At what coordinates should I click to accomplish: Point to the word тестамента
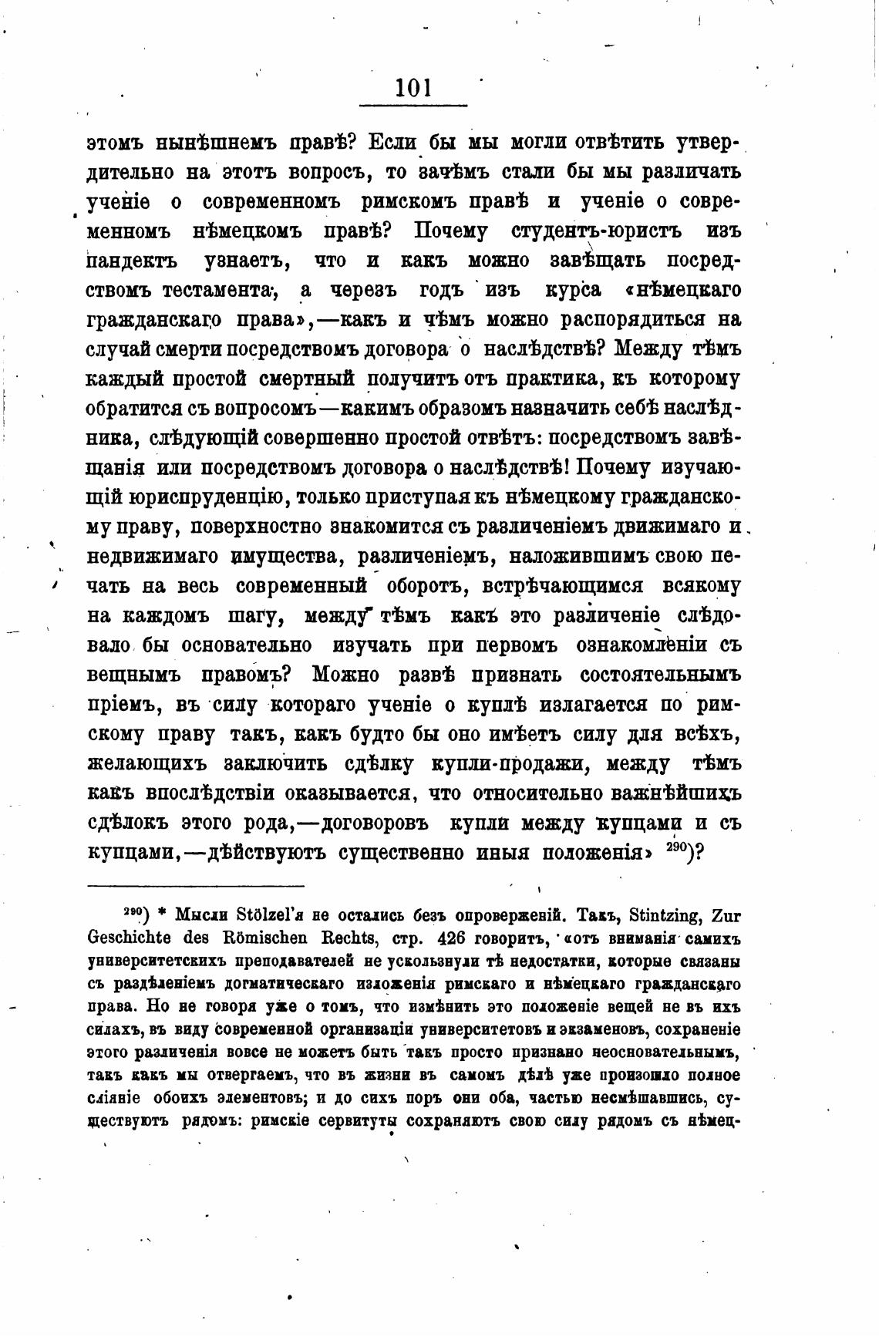coord(217,291)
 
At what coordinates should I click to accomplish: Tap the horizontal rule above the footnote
coord(196,886)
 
